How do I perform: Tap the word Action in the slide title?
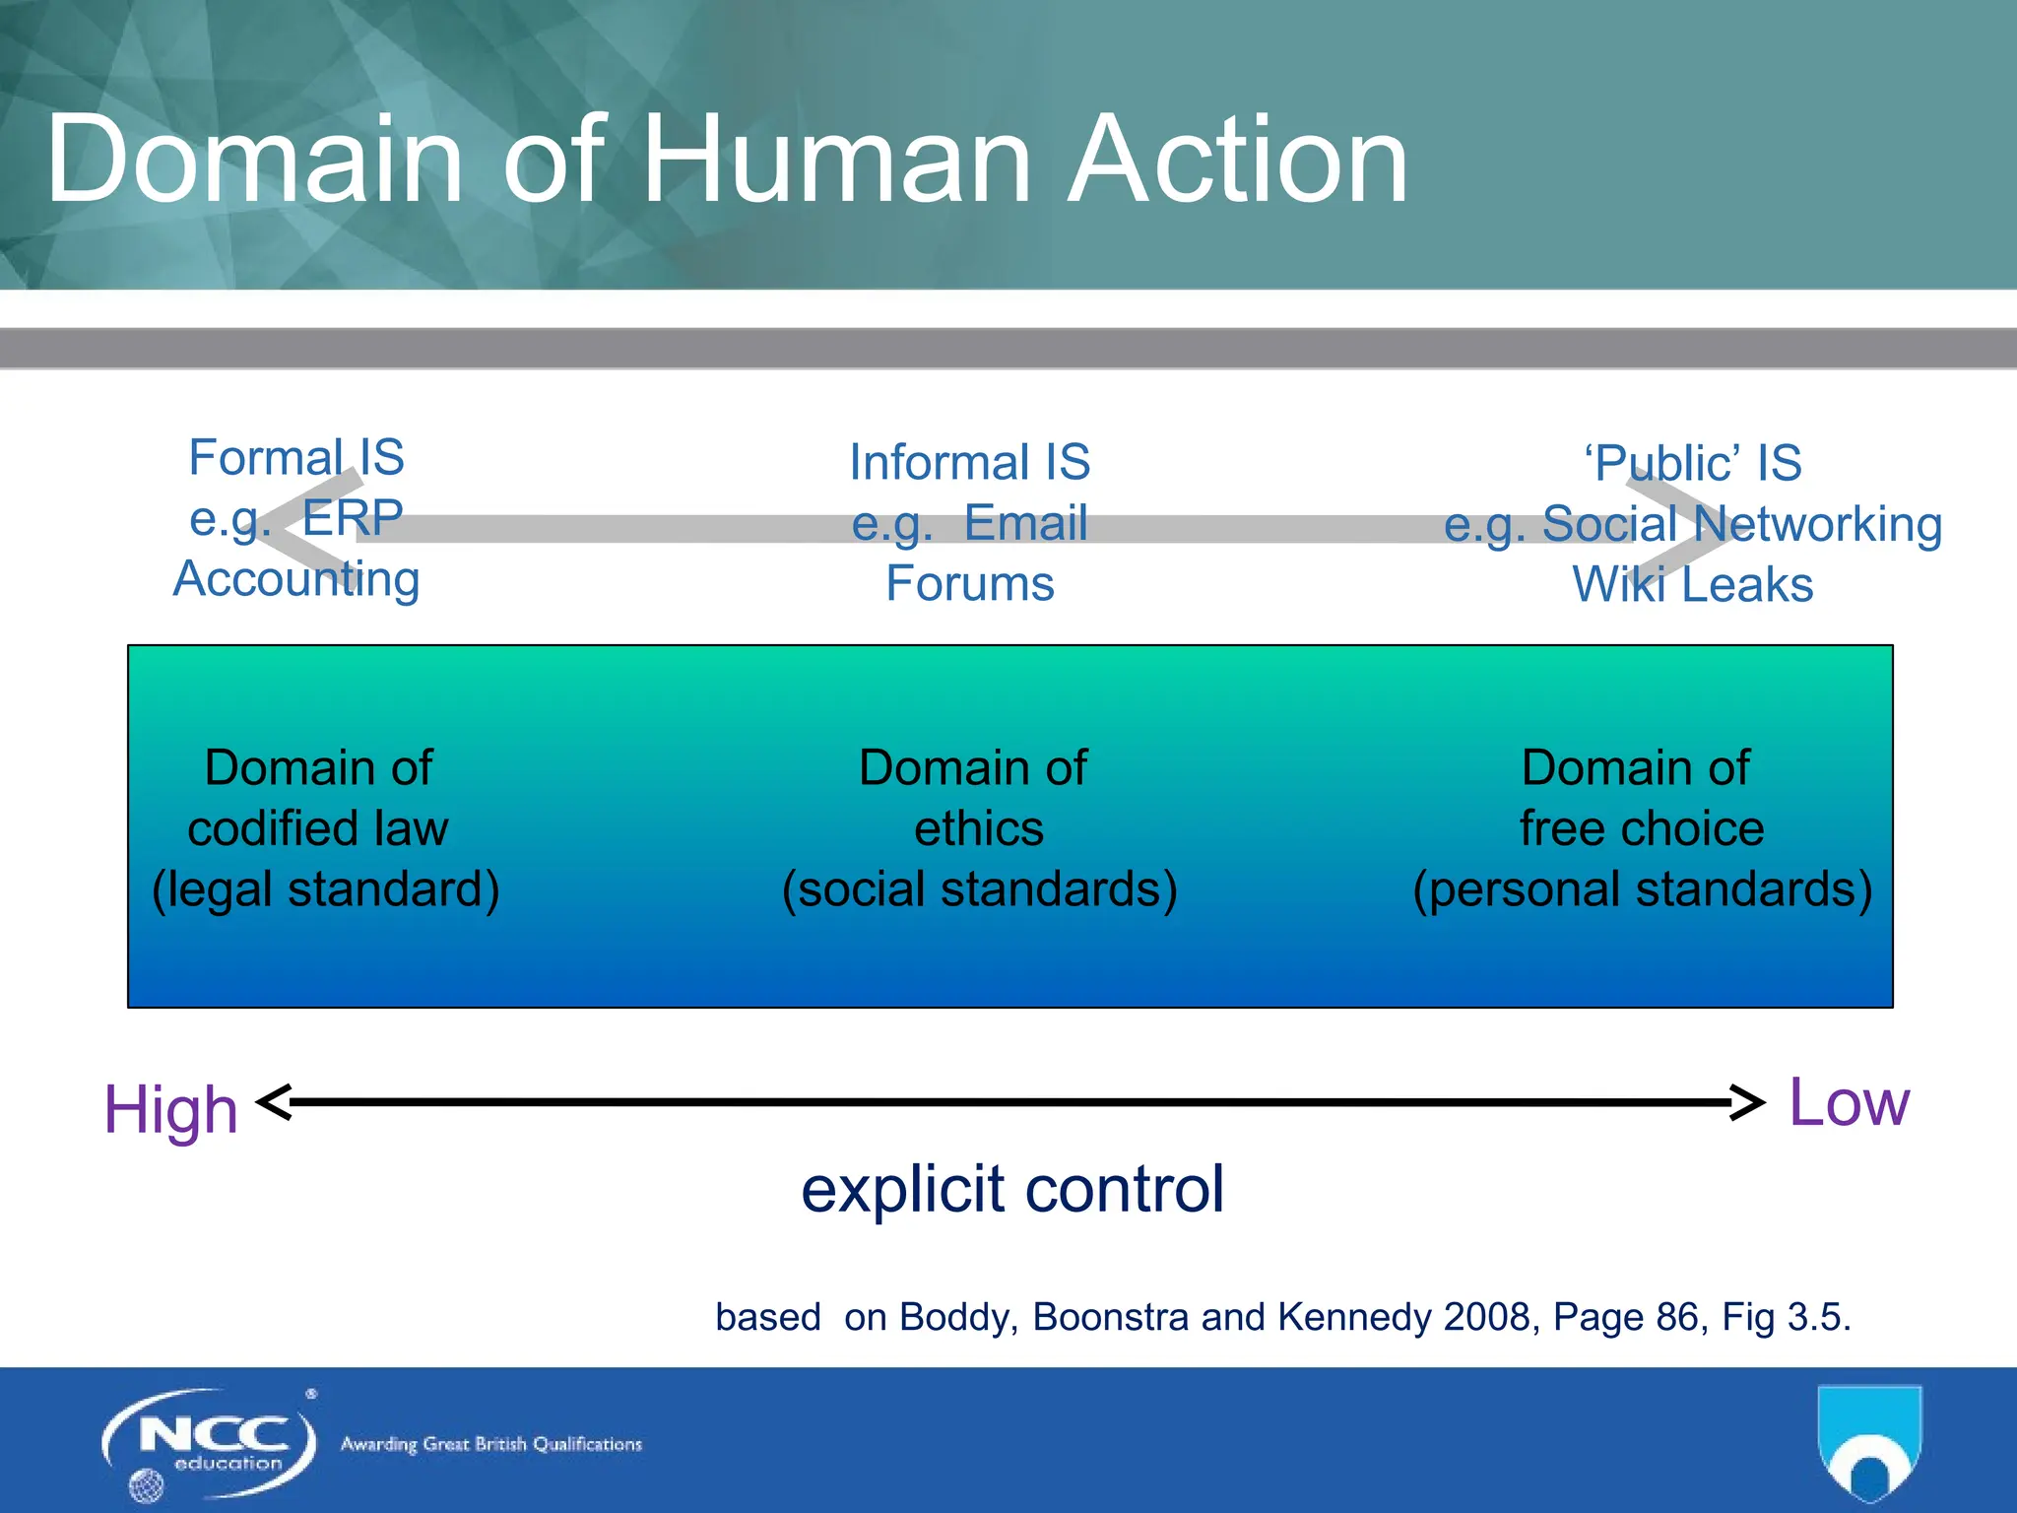point(1238,160)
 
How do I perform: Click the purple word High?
point(171,1110)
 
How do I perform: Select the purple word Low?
point(1849,1102)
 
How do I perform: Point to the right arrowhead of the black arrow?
point(1748,1102)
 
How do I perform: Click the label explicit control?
point(1012,1189)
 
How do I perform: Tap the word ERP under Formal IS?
point(352,518)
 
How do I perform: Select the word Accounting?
point(296,579)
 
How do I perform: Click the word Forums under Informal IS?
point(970,584)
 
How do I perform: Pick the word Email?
point(1025,523)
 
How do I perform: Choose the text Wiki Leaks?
point(1692,585)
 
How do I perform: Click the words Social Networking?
point(1741,524)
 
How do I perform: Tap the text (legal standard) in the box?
point(325,889)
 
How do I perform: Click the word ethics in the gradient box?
point(978,828)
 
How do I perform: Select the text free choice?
point(1642,828)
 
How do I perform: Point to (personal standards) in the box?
point(1642,889)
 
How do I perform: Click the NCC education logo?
point(209,1443)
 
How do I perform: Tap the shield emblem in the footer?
point(1868,1441)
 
